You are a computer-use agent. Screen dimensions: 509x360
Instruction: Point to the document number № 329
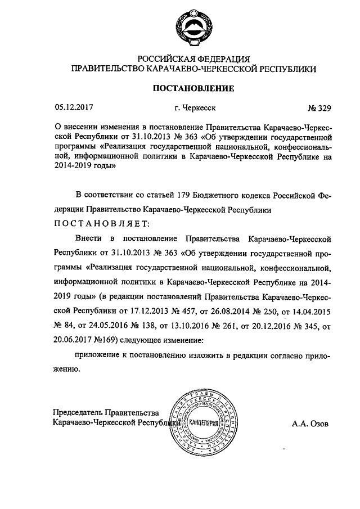(319, 107)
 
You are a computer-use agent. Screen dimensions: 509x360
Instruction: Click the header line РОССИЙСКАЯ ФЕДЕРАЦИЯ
(193, 58)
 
